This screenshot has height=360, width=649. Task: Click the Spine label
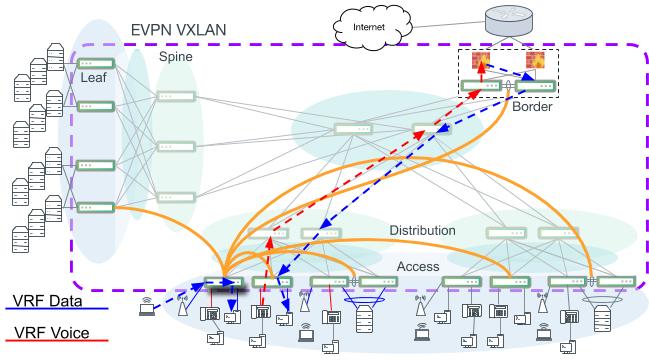click(175, 57)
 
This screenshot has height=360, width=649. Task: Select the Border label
click(532, 106)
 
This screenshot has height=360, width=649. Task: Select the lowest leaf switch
click(101, 207)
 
